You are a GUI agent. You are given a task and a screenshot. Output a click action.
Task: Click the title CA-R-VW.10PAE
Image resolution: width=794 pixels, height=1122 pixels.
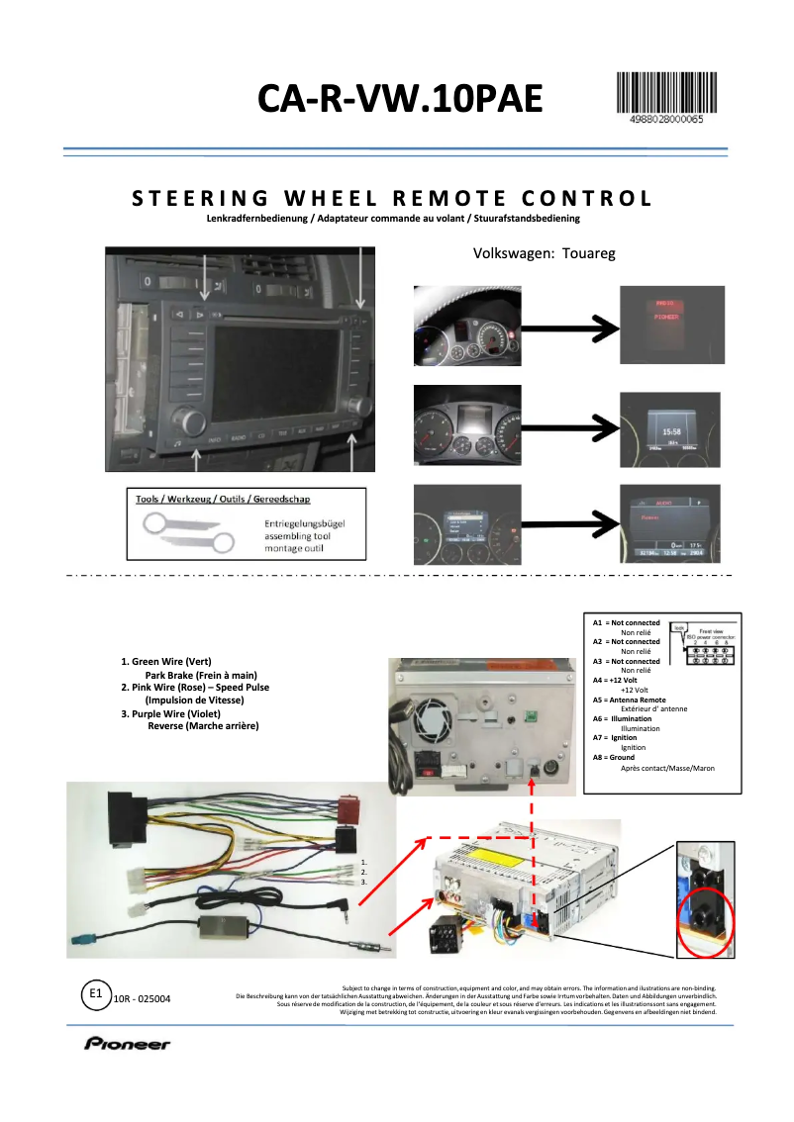400,100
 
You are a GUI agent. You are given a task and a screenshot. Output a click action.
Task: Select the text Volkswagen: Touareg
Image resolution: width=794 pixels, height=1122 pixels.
545,253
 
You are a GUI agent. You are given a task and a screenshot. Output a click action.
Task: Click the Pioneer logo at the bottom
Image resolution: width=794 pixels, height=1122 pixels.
127,1043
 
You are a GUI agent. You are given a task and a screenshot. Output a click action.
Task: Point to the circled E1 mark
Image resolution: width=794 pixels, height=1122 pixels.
95,992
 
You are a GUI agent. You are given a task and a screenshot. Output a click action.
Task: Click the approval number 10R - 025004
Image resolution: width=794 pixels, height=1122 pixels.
143,999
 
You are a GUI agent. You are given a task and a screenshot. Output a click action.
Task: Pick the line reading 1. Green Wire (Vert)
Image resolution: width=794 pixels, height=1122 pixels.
166,661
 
